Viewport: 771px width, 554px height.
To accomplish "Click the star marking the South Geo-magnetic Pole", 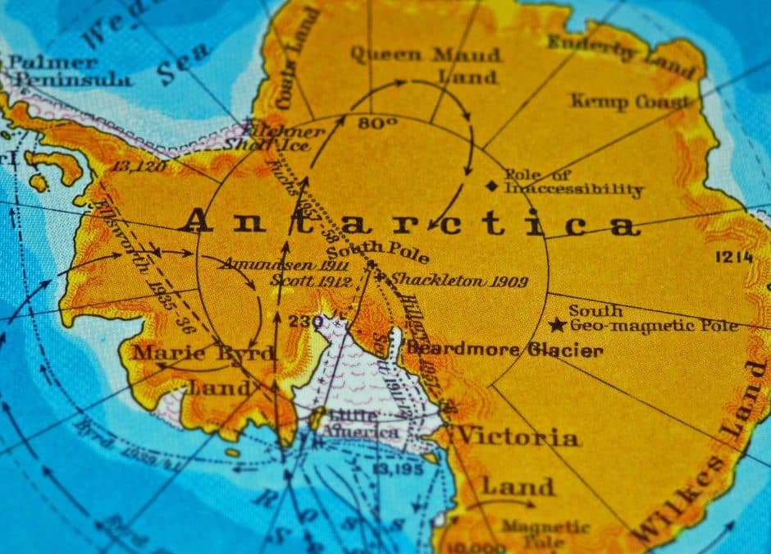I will click(558, 324).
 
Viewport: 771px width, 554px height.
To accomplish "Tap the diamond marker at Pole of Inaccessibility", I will click(491, 185).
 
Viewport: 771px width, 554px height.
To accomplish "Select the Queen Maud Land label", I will click(425, 66).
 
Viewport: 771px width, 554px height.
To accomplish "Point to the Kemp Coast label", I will click(630, 102).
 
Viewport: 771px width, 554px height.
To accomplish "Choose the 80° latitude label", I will click(376, 123).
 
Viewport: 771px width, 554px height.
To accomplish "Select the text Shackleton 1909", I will click(458, 281).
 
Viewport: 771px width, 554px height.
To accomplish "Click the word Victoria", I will click(518, 436).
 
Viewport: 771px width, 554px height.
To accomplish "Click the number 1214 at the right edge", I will click(733, 257).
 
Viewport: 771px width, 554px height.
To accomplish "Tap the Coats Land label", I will click(294, 62).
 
